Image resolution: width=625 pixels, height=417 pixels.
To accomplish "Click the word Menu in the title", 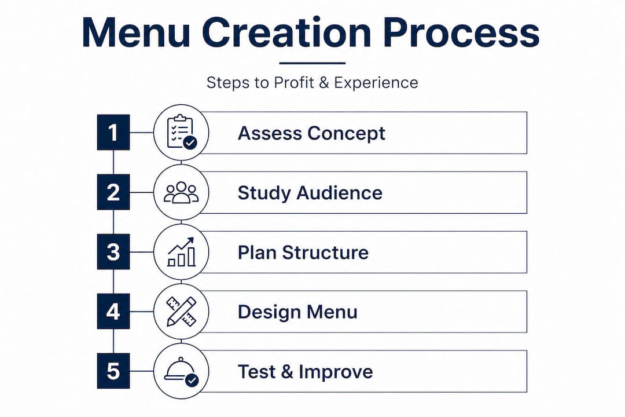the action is coord(136,32).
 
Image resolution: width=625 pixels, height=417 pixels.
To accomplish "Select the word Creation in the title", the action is coord(287,32).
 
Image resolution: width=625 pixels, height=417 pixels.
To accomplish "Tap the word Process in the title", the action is coord(462,32).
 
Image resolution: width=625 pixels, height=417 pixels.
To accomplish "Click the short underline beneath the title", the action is coord(312,63).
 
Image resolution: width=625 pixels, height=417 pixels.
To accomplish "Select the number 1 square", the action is coord(113,133).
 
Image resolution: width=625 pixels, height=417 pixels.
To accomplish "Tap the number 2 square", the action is coord(113,192).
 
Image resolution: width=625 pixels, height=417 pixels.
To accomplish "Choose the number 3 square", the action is coord(113,252).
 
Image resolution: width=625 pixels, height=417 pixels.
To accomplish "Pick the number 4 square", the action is coord(113,311).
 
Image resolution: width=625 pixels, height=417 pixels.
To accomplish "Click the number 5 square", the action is coord(113,371).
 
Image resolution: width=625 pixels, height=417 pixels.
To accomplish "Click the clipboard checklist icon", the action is coord(181,132).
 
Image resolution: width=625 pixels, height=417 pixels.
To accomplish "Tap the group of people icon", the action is coord(181,192).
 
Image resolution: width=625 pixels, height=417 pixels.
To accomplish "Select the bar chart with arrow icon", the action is coord(181,252).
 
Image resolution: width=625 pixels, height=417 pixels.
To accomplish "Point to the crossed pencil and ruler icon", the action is coord(181,311).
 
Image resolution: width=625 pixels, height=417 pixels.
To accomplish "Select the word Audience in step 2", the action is coord(340,193).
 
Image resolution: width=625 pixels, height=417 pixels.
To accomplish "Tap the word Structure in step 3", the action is coord(325,253).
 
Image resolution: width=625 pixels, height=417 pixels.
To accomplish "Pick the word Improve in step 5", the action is coord(336,372).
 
